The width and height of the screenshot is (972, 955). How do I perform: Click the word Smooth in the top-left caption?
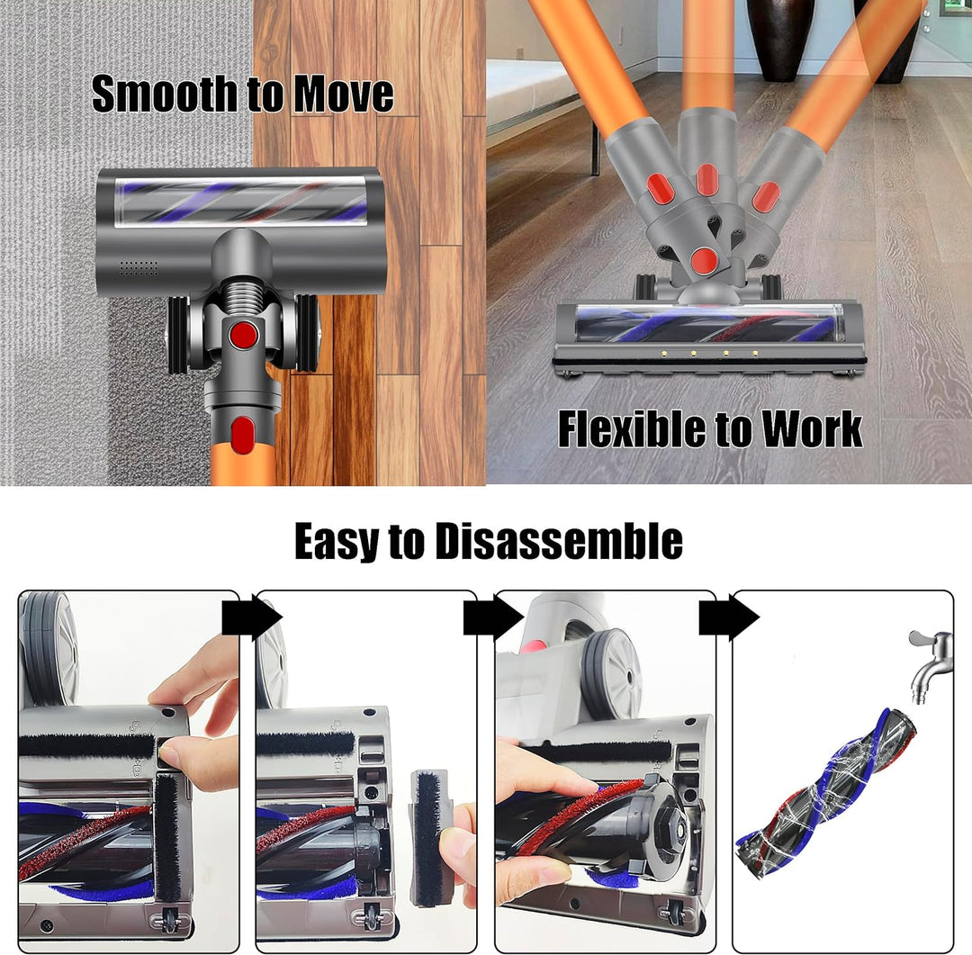click(x=166, y=94)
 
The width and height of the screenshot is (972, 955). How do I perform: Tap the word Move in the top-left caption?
click(x=344, y=94)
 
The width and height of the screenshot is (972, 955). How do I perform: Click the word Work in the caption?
click(x=812, y=428)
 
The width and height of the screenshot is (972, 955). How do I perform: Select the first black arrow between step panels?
click(x=252, y=617)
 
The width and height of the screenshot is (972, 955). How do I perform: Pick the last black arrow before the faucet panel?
click(x=729, y=617)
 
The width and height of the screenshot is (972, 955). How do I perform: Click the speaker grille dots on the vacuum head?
click(x=139, y=268)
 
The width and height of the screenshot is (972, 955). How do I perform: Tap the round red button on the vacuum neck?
click(x=244, y=335)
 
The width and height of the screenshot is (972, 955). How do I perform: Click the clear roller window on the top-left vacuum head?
click(x=240, y=201)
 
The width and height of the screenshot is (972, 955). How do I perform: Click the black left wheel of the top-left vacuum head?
click(x=177, y=334)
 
